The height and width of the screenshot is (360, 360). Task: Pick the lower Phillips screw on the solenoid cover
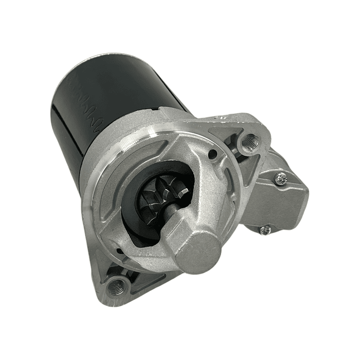tap(266, 229)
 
